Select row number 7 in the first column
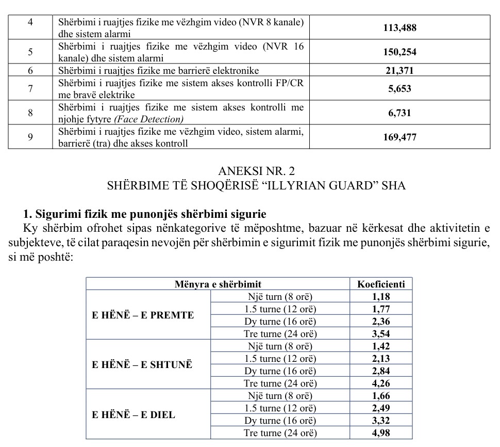(x=30, y=89)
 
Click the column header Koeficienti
(x=381, y=284)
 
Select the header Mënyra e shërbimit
(x=218, y=284)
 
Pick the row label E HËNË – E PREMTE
(x=143, y=315)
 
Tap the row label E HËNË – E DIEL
(x=134, y=414)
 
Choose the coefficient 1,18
(x=381, y=296)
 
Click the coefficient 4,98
(x=381, y=433)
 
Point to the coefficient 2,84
(x=381, y=371)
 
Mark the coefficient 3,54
(x=381, y=333)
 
